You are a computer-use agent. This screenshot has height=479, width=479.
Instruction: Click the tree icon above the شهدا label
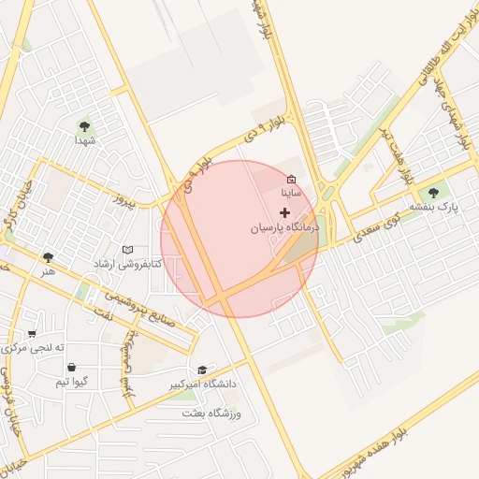click(x=85, y=125)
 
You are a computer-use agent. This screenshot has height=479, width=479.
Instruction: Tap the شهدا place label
click(x=86, y=140)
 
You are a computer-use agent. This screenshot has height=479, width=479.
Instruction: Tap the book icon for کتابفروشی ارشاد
click(x=127, y=250)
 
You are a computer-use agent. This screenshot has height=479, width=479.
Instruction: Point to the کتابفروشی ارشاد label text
click(x=125, y=265)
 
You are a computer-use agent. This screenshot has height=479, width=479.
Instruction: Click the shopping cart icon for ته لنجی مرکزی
click(x=33, y=333)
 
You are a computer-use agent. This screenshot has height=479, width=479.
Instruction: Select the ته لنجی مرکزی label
click(x=35, y=348)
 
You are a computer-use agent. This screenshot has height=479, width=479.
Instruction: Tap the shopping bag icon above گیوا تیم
click(x=72, y=367)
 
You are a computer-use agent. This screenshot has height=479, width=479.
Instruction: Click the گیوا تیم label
click(x=72, y=382)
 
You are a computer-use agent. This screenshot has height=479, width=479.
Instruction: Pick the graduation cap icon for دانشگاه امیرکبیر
click(x=202, y=370)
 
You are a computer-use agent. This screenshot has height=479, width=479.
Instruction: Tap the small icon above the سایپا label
click(x=291, y=178)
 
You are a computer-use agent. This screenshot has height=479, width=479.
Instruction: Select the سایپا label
click(x=292, y=192)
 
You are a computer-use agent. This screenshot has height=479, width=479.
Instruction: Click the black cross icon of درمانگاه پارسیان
click(x=285, y=212)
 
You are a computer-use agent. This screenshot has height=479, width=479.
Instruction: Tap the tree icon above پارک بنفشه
click(x=432, y=193)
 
